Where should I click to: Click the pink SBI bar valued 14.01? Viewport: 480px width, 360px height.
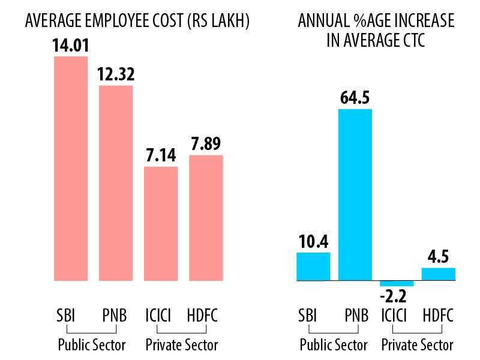tap(71, 168)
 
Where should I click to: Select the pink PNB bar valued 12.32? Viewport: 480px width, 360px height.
tap(116, 183)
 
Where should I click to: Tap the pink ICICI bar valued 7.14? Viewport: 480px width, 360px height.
tap(161, 223)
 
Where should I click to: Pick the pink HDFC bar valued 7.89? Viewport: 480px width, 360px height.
tap(206, 218)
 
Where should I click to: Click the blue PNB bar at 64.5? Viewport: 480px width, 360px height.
tap(355, 194)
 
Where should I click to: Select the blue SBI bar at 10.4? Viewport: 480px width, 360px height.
tap(313, 266)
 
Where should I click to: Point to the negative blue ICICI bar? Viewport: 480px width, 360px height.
tap(397, 283)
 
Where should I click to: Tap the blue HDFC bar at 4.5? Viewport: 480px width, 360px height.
tap(439, 274)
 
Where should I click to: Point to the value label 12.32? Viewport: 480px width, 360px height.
tap(116, 75)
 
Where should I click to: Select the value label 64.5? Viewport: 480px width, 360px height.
tap(355, 98)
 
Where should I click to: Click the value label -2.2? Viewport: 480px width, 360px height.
tap(397, 296)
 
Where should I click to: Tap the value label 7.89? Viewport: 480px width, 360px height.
tap(206, 145)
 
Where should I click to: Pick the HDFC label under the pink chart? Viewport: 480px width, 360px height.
tap(203, 315)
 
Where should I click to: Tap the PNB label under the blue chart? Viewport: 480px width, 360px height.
tap(356, 315)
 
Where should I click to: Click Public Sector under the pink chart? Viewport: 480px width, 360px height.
tap(92, 345)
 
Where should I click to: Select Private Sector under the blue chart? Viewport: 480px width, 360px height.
tap(418, 345)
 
